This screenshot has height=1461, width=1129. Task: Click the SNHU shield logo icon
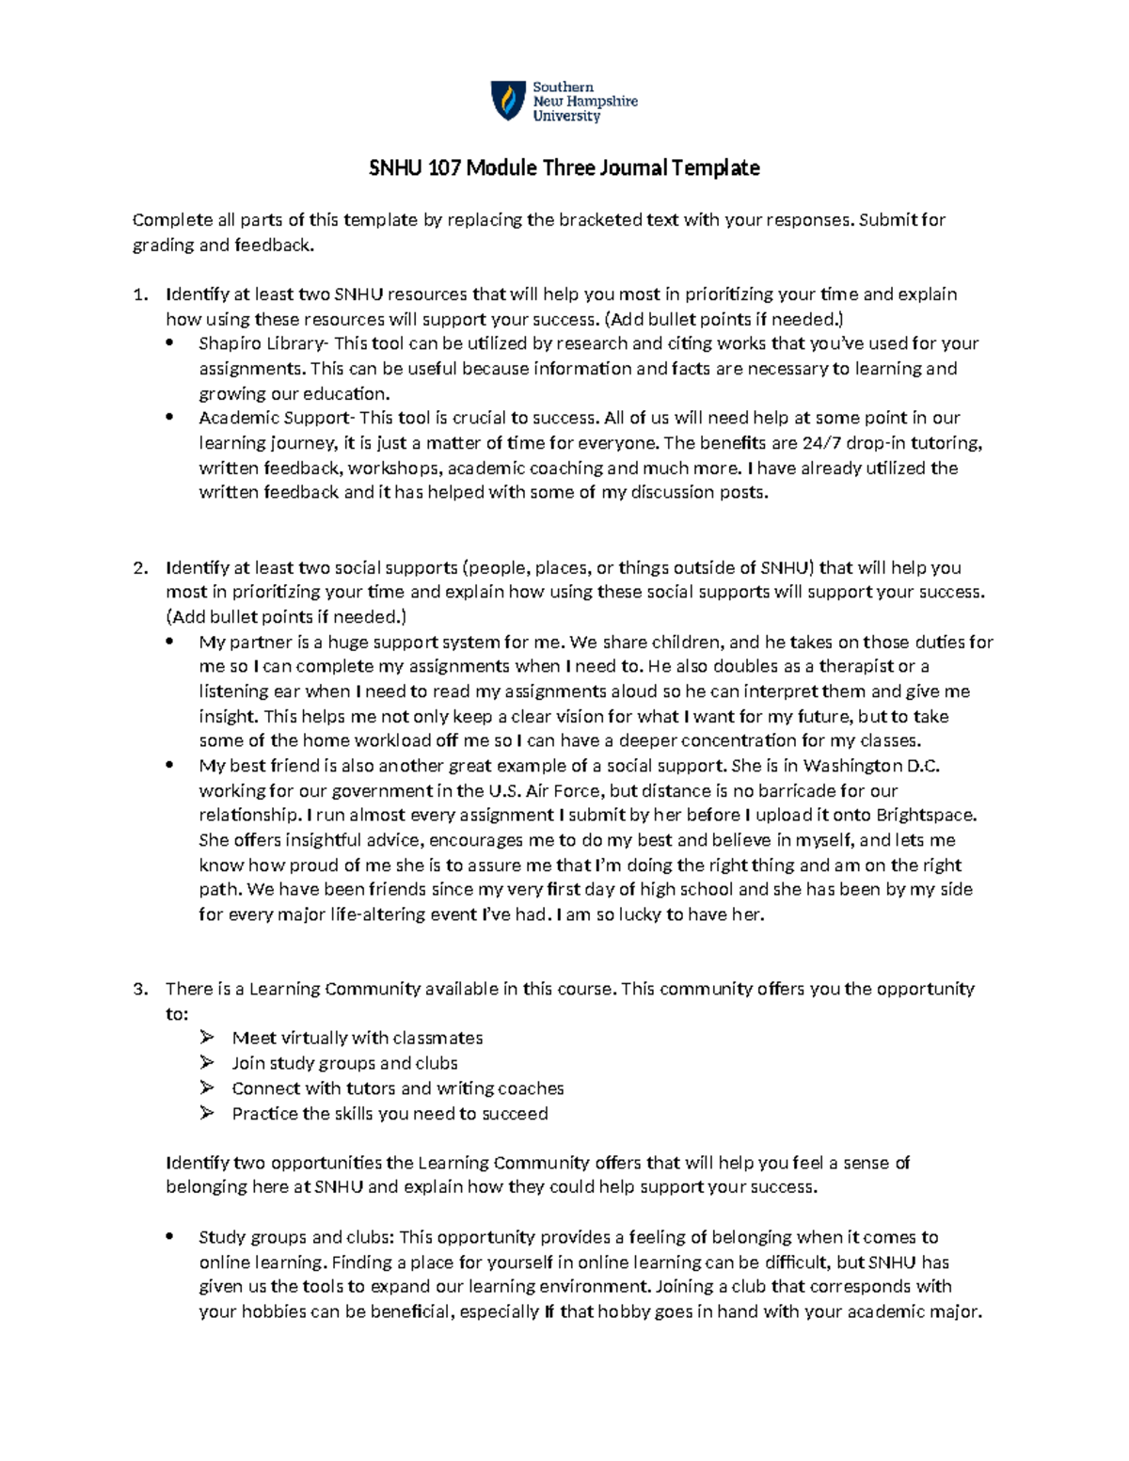(x=508, y=101)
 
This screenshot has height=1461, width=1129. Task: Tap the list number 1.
(x=139, y=294)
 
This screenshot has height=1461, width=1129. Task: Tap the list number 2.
(x=139, y=568)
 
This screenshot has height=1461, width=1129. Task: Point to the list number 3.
(x=139, y=990)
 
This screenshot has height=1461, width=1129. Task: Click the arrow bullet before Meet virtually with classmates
(x=207, y=1039)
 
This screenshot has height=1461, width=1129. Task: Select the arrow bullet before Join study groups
(x=207, y=1063)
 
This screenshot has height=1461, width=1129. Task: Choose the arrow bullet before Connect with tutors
(x=207, y=1088)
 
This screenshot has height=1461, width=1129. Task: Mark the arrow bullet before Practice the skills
(x=207, y=1114)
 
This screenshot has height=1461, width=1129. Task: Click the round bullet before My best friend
(x=170, y=766)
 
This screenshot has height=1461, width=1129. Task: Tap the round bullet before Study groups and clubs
(x=170, y=1238)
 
